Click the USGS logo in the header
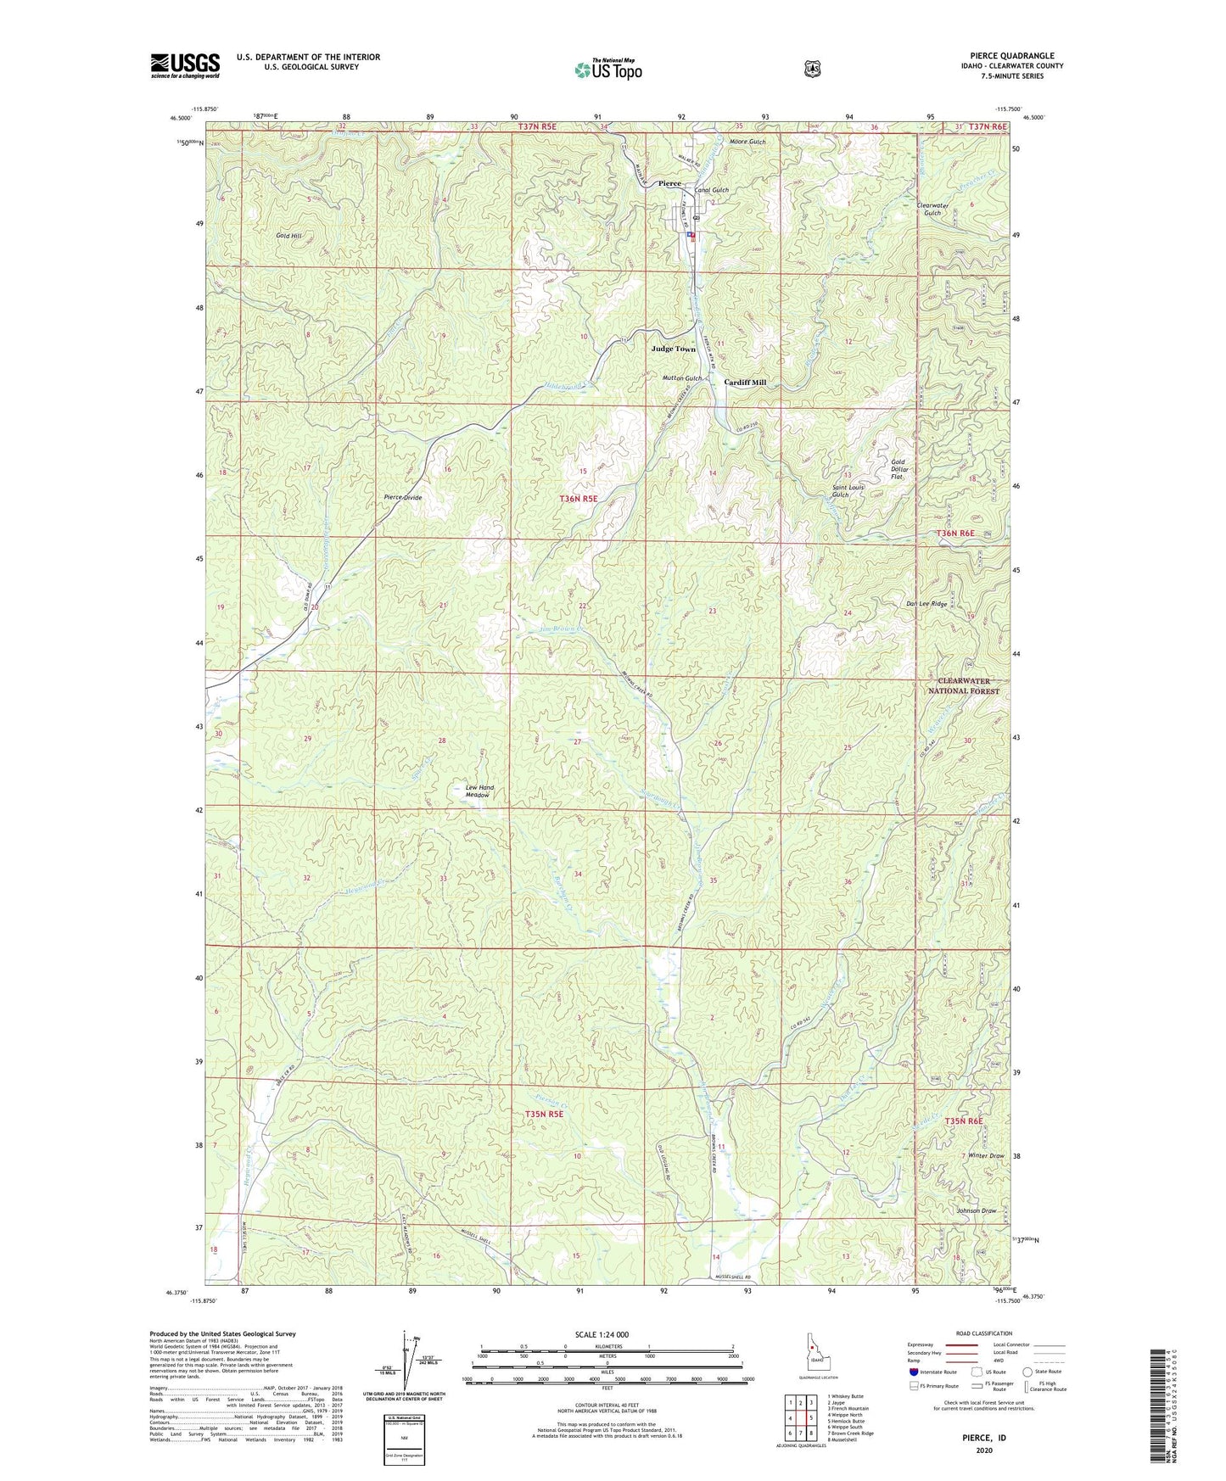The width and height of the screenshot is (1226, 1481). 185,65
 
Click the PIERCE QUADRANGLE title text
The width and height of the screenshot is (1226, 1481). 1016,56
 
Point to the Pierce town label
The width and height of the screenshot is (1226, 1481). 669,183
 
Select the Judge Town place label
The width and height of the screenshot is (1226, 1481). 673,349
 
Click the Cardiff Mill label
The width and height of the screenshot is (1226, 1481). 745,383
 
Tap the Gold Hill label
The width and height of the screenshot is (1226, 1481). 288,236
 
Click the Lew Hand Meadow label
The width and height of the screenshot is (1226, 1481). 479,791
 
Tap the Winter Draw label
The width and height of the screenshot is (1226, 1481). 985,1156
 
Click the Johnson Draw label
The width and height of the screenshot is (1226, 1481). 976,1210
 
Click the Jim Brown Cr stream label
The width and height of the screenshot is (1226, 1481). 563,629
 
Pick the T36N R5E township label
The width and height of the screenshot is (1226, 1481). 579,499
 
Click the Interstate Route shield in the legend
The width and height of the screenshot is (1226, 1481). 913,1371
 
